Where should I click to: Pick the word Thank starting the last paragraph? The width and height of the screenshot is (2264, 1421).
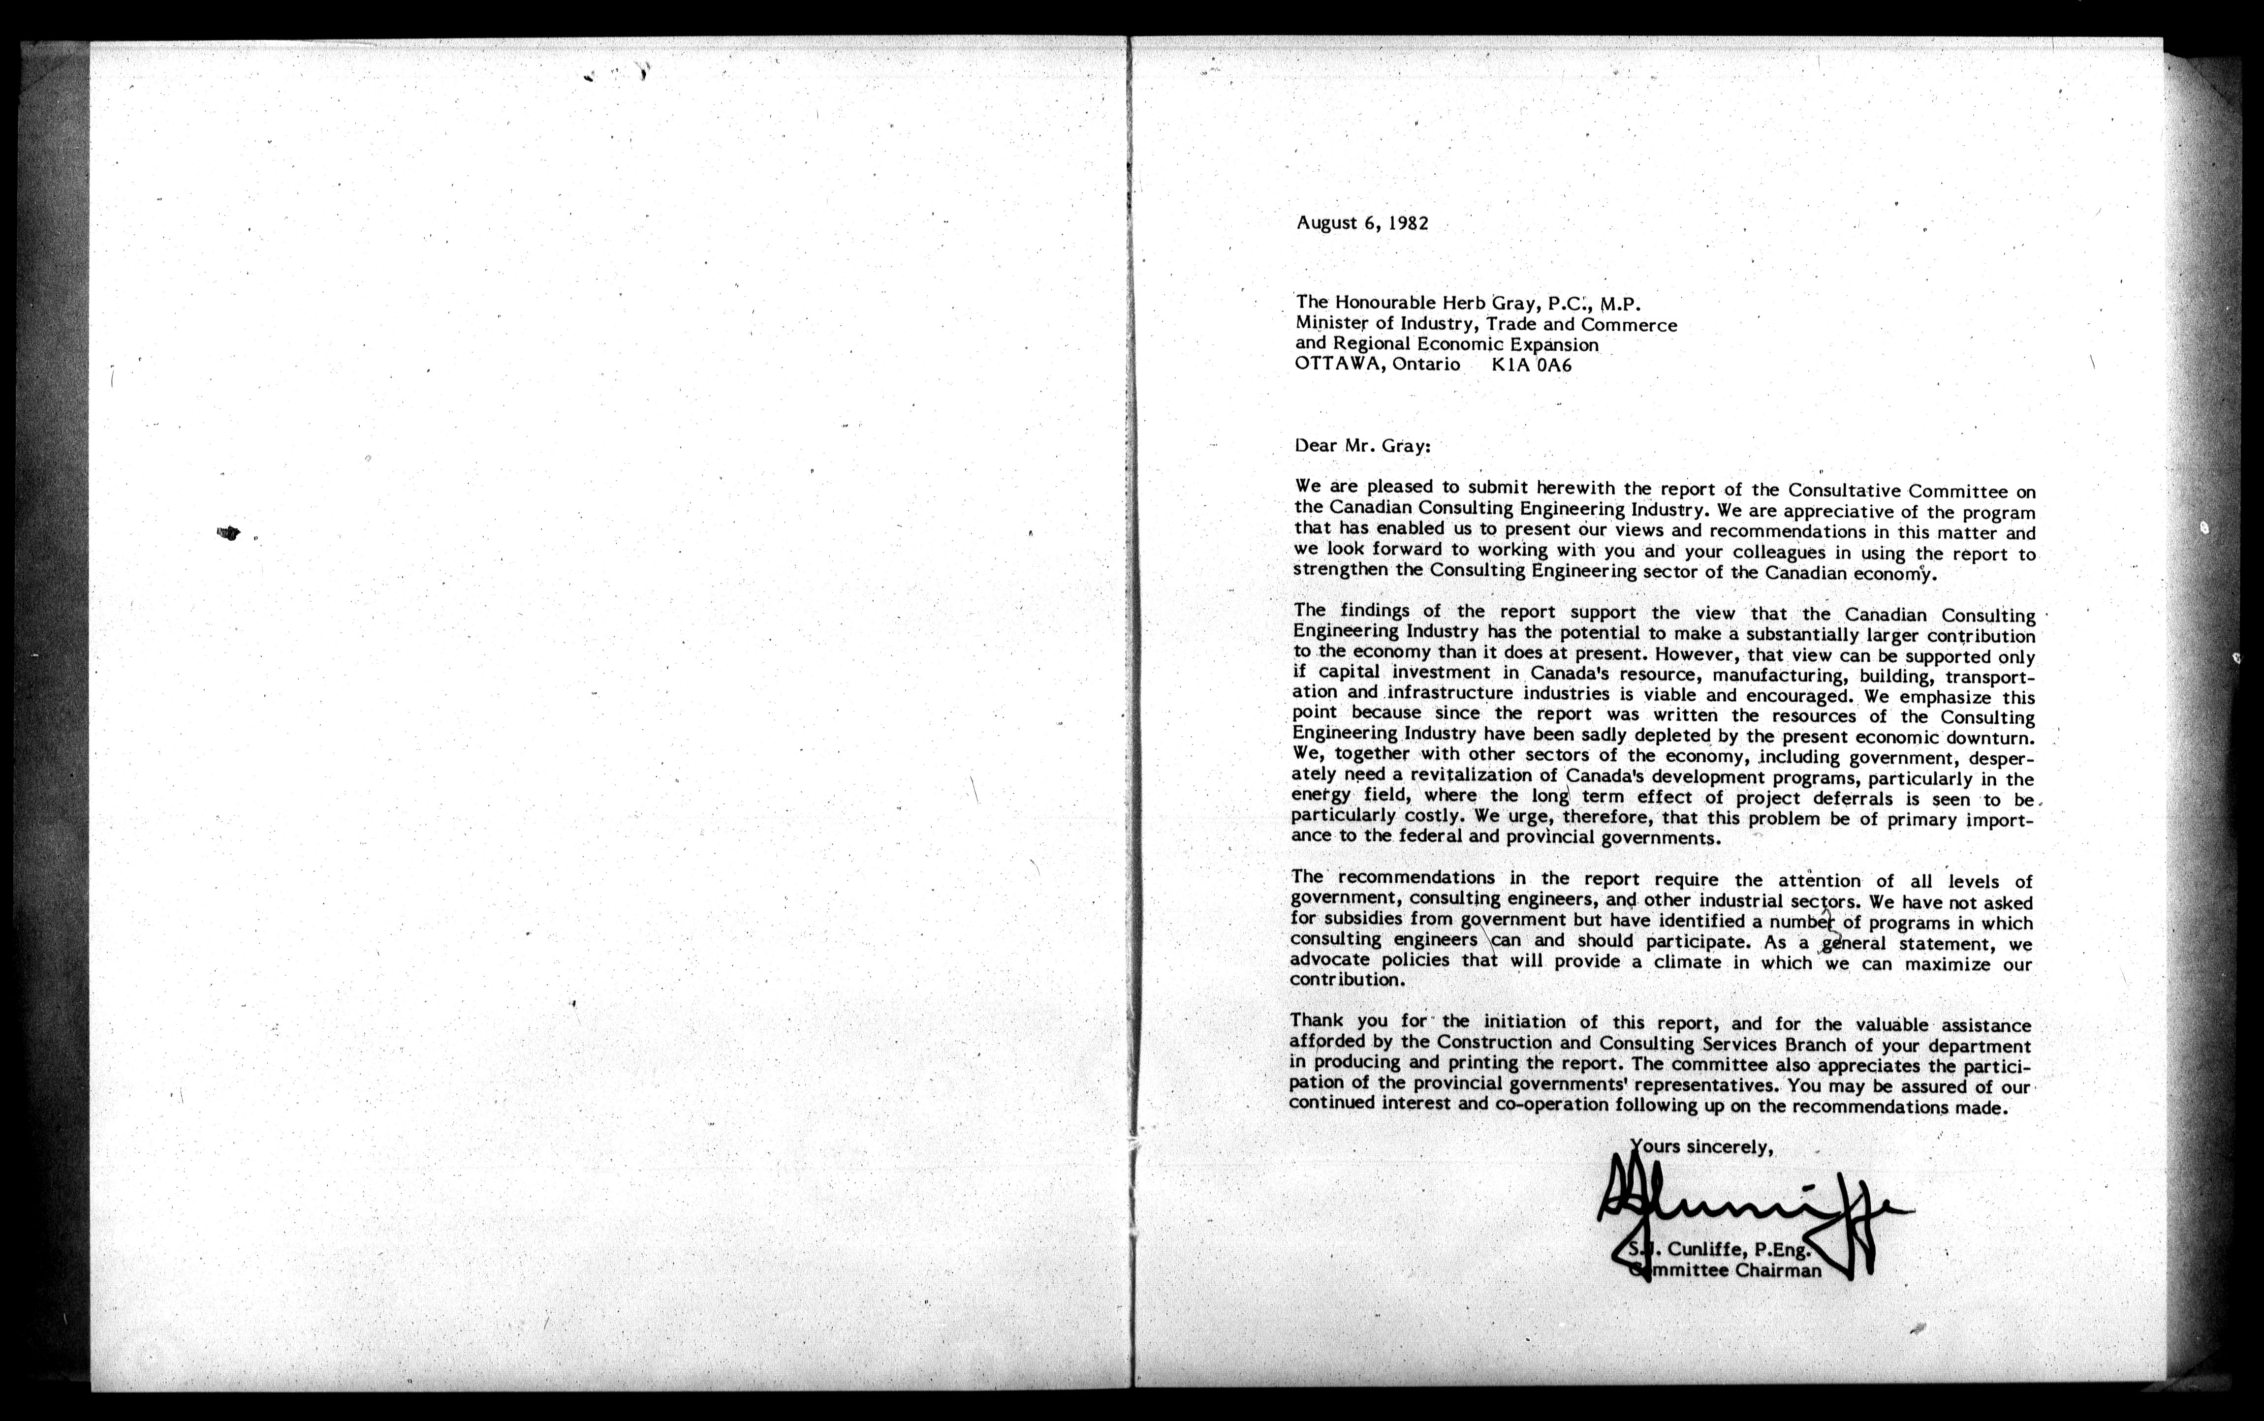(1316, 1020)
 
